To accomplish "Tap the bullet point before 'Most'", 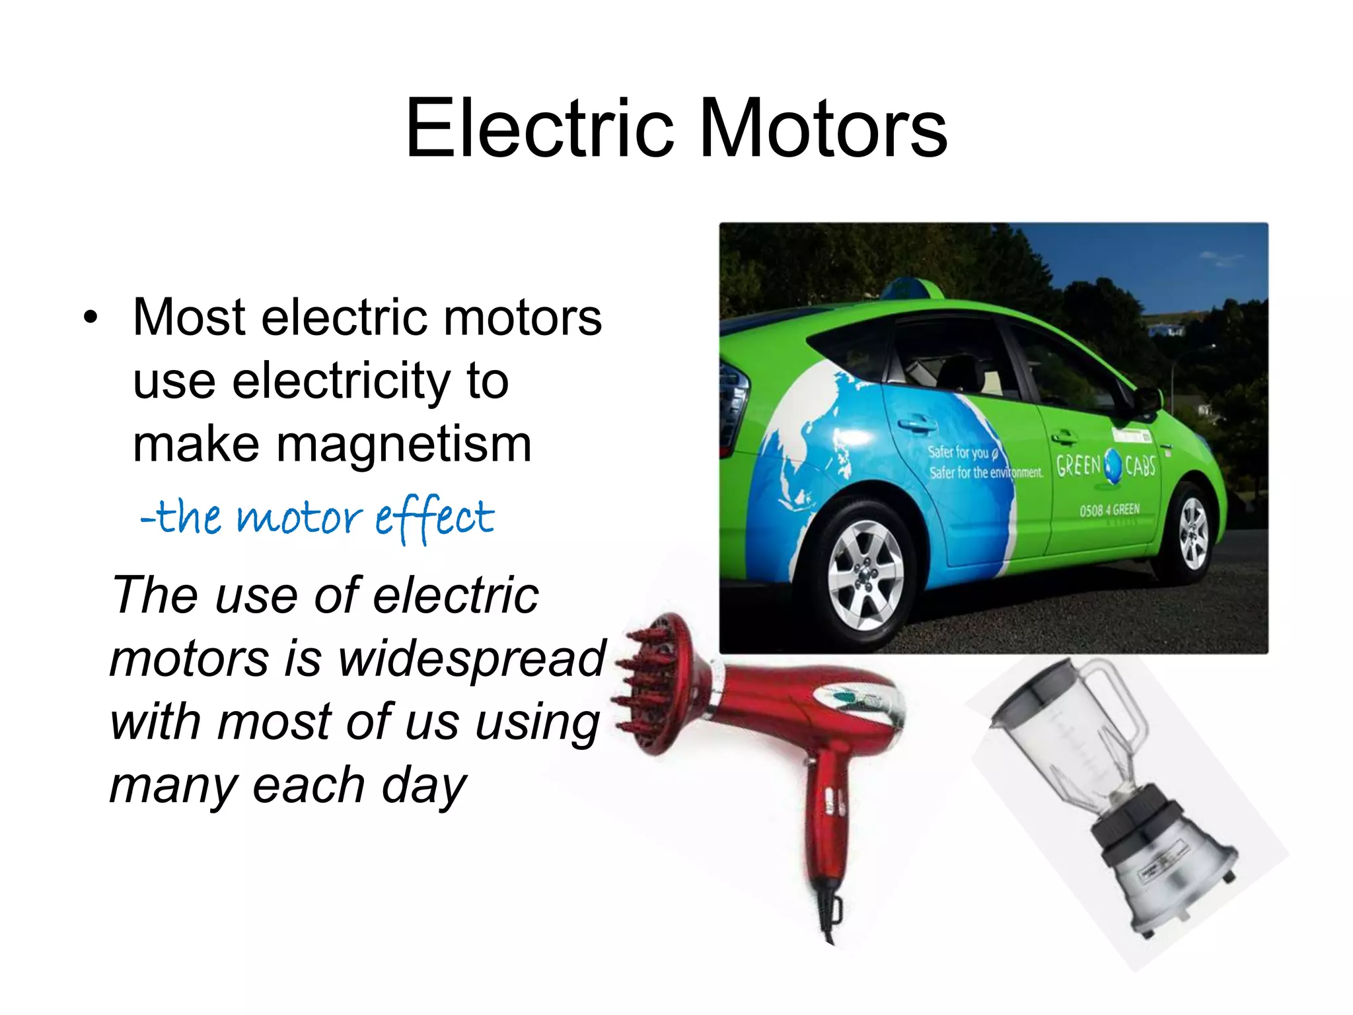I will coord(91,318).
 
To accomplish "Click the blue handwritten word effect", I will coord(435,517).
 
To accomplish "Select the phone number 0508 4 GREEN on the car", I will coord(1109,509).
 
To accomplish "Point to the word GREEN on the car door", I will coord(1078,466).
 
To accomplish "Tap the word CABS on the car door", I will coord(1140,467).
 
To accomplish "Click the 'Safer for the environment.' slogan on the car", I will coord(986,472).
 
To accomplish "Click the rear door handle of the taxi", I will coord(914,423).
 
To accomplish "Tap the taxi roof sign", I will coord(912,288).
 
